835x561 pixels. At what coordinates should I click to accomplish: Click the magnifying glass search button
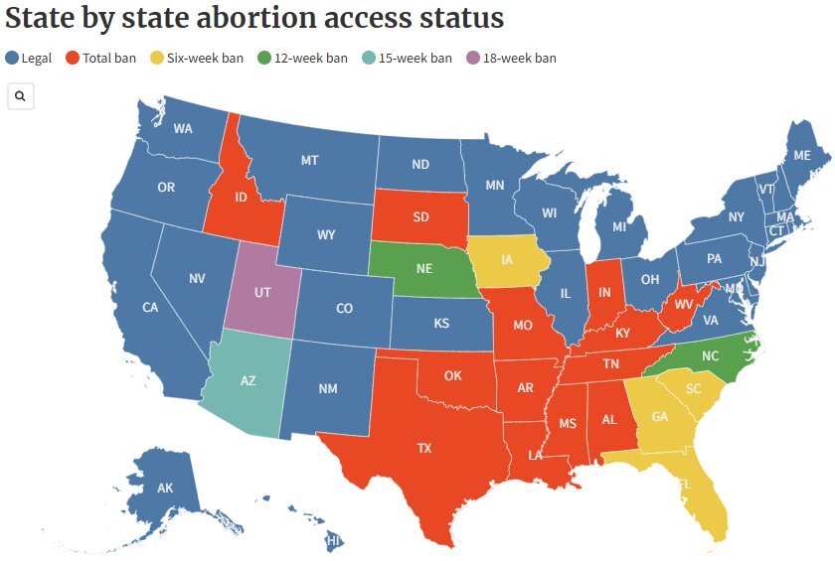point(21,96)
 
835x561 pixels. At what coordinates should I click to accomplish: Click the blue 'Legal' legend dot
point(12,58)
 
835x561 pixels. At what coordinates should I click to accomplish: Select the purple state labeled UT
point(262,294)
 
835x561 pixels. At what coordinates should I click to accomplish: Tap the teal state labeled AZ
point(249,380)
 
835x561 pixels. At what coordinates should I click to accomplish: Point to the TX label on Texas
point(424,448)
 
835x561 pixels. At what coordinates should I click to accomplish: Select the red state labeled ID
point(240,198)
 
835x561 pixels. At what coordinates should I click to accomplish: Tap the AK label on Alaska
point(165,488)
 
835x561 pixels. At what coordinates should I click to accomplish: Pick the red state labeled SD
point(421,217)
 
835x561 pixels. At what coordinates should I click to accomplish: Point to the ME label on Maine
point(801,156)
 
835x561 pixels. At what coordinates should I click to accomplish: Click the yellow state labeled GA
point(659,417)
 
